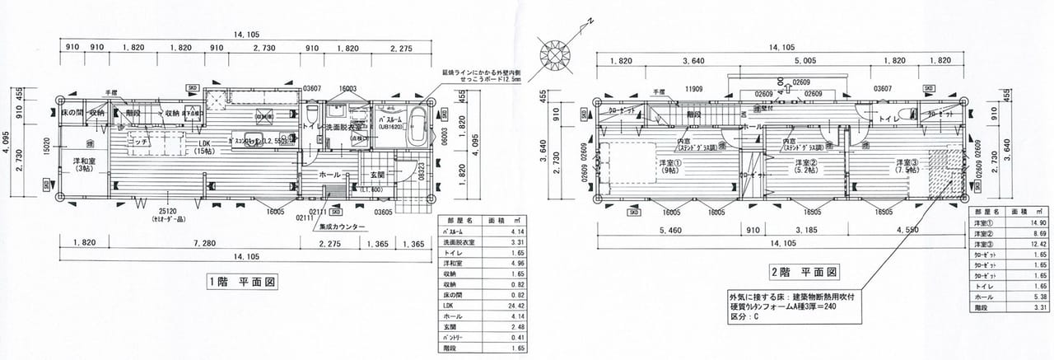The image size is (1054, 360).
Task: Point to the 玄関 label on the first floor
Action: [377, 174]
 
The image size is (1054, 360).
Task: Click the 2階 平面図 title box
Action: [804, 271]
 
